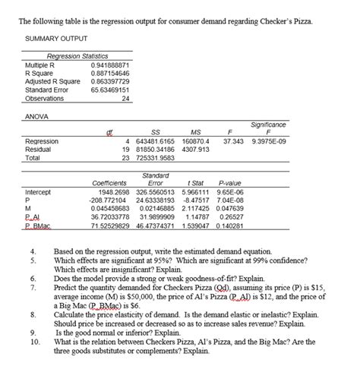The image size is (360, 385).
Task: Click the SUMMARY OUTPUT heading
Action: [x=56, y=38]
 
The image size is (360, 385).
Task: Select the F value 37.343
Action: [x=232, y=141]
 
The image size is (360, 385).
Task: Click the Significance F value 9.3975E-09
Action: [x=273, y=141]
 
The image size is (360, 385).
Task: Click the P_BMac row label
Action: [x=39, y=226]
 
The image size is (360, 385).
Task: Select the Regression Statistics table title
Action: [x=77, y=57]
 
